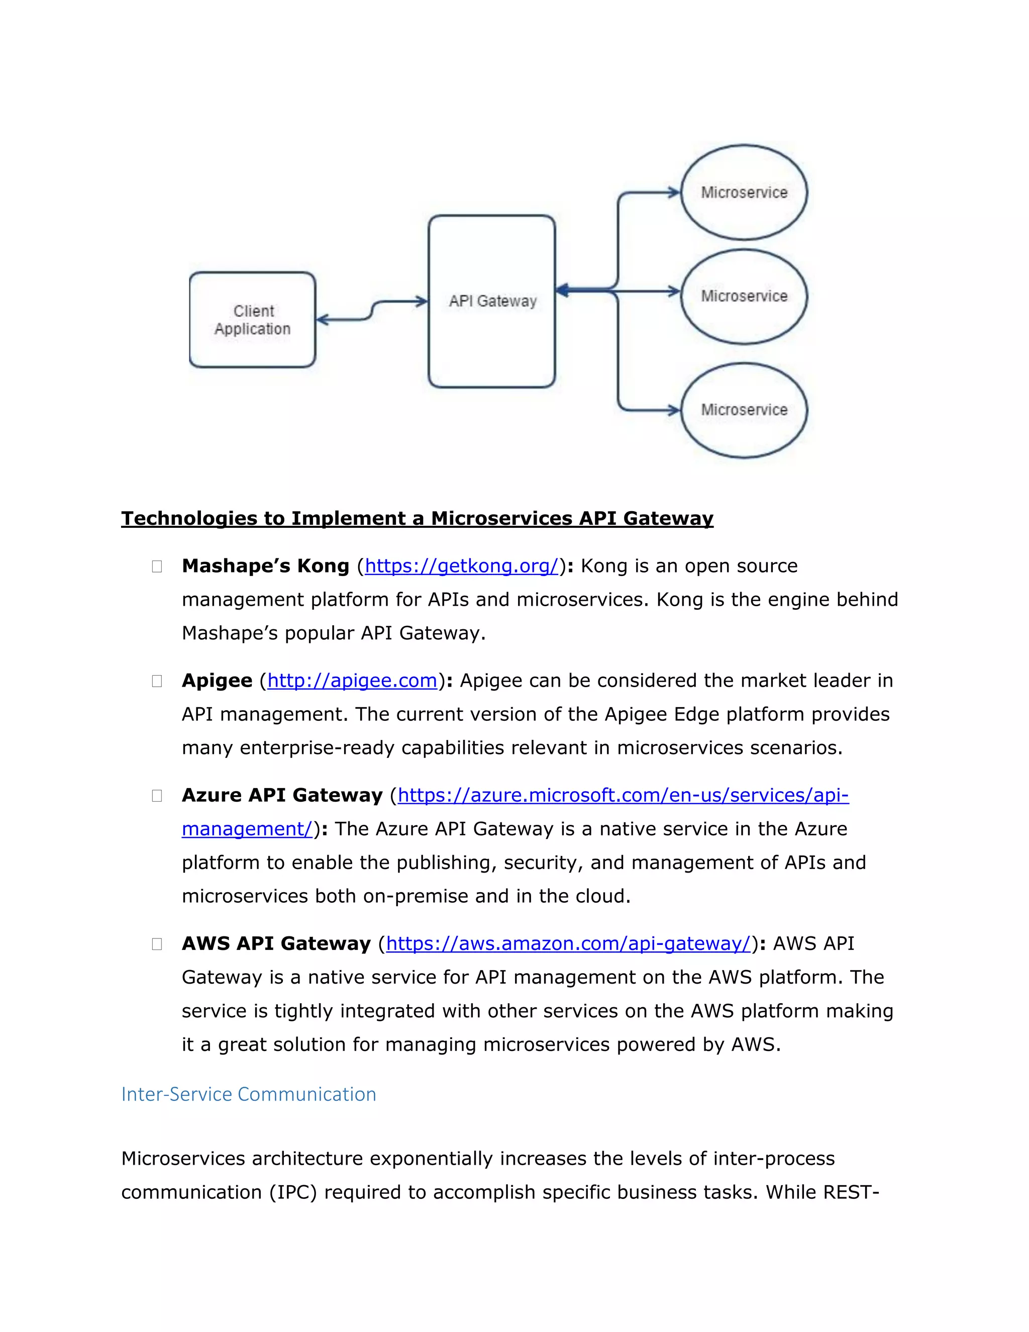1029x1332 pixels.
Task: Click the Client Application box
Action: coord(252,320)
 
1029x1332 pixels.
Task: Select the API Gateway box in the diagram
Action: coord(492,301)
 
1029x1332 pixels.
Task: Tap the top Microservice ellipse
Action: coord(744,192)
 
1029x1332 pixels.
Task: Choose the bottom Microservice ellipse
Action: coord(744,410)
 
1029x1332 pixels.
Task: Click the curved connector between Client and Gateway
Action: coord(372,310)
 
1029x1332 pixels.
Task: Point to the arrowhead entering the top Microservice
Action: coord(674,193)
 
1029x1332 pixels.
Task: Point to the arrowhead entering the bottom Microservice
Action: coord(674,410)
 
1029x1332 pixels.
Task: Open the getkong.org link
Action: coord(461,566)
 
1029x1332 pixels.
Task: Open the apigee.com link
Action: coord(352,681)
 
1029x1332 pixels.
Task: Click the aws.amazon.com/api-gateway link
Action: coord(568,943)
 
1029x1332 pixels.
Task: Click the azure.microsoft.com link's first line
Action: coord(623,795)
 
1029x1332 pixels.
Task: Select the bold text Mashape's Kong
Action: coord(265,566)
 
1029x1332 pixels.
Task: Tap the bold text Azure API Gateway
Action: coord(282,795)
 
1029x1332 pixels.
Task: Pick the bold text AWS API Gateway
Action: coord(276,943)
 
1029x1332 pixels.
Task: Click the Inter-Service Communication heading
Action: coord(249,1094)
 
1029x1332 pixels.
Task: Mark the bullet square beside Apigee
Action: coord(157,681)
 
